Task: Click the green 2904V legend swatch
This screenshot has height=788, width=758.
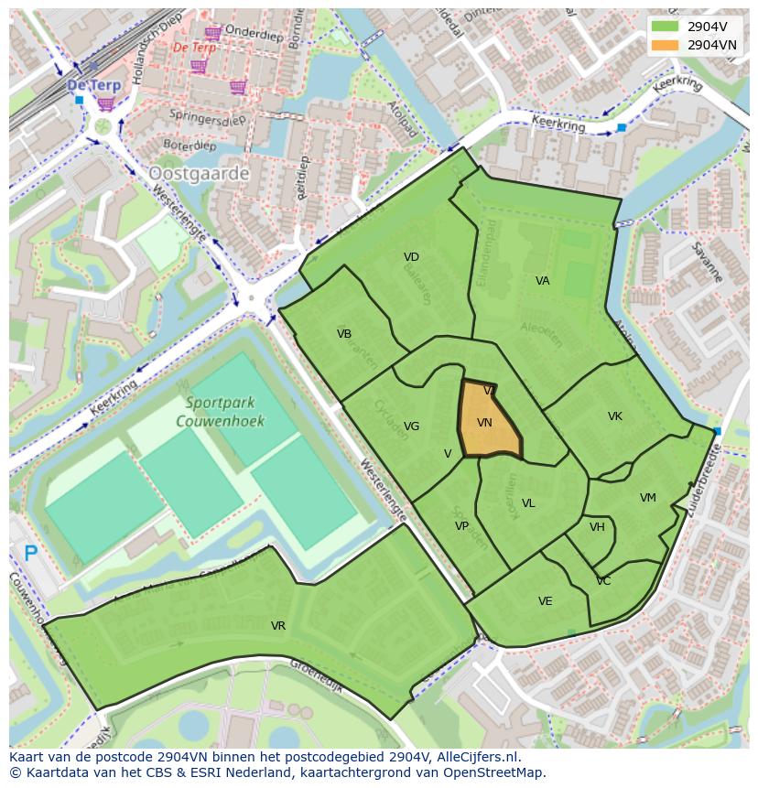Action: click(x=665, y=27)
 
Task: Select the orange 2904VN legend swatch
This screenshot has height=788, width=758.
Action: click(x=665, y=45)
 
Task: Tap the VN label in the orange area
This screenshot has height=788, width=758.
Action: click(x=485, y=423)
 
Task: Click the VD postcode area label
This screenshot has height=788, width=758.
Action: click(x=411, y=257)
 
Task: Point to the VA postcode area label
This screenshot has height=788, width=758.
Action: click(x=543, y=281)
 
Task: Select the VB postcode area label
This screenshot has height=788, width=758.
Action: click(x=344, y=334)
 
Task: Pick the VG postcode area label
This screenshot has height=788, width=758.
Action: click(x=412, y=426)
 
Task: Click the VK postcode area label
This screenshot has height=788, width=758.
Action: click(x=615, y=416)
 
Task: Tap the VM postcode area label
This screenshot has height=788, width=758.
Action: click(x=648, y=498)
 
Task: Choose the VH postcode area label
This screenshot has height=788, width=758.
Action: click(x=597, y=527)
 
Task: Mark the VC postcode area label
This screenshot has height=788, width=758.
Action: click(x=603, y=581)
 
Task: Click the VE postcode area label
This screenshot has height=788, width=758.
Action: click(x=546, y=601)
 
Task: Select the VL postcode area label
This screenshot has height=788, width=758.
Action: click(x=528, y=503)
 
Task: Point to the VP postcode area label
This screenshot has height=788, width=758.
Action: click(x=461, y=526)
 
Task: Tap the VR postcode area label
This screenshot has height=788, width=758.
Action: click(x=278, y=626)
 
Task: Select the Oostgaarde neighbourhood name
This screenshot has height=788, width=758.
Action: click(x=199, y=172)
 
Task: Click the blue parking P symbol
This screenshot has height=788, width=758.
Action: click(x=31, y=553)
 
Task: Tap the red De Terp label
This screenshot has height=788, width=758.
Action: click(x=194, y=47)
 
